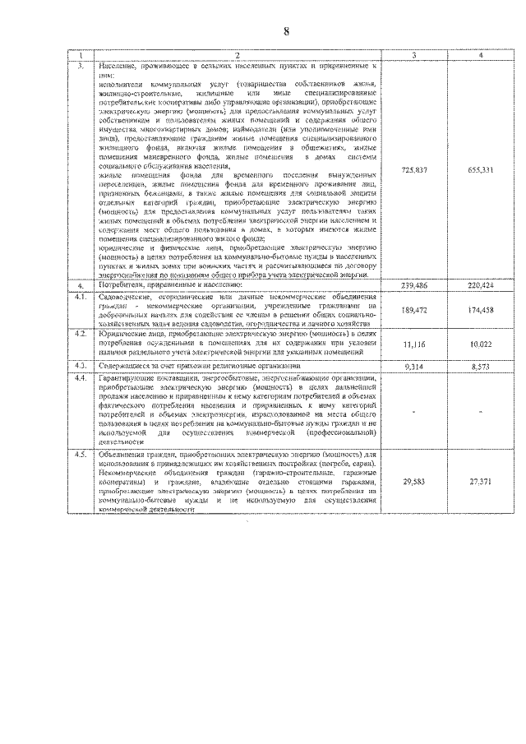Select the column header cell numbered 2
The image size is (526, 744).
[236, 56]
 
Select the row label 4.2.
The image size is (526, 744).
[81, 335]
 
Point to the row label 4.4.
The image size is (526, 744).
[81, 378]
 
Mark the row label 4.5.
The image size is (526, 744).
[81, 455]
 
